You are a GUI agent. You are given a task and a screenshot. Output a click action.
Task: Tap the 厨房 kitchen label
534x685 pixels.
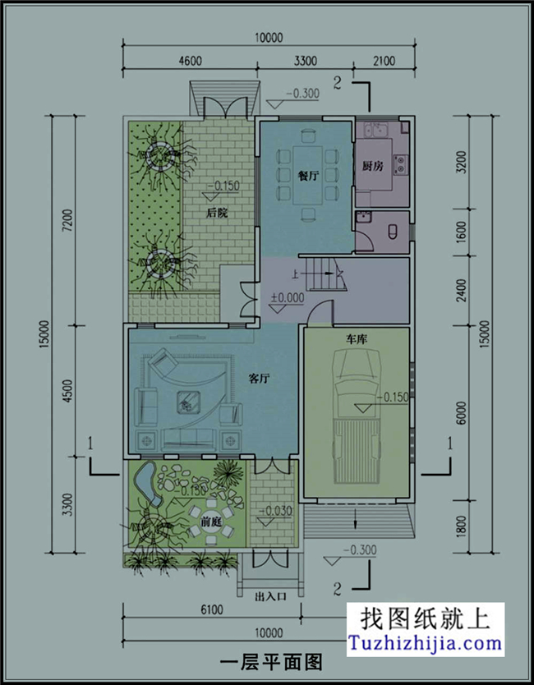[x=372, y=165]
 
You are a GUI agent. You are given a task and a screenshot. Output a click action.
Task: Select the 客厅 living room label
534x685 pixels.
[x=260, y=379]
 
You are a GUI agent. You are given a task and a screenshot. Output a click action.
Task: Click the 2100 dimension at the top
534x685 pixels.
[x=384, y=59]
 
